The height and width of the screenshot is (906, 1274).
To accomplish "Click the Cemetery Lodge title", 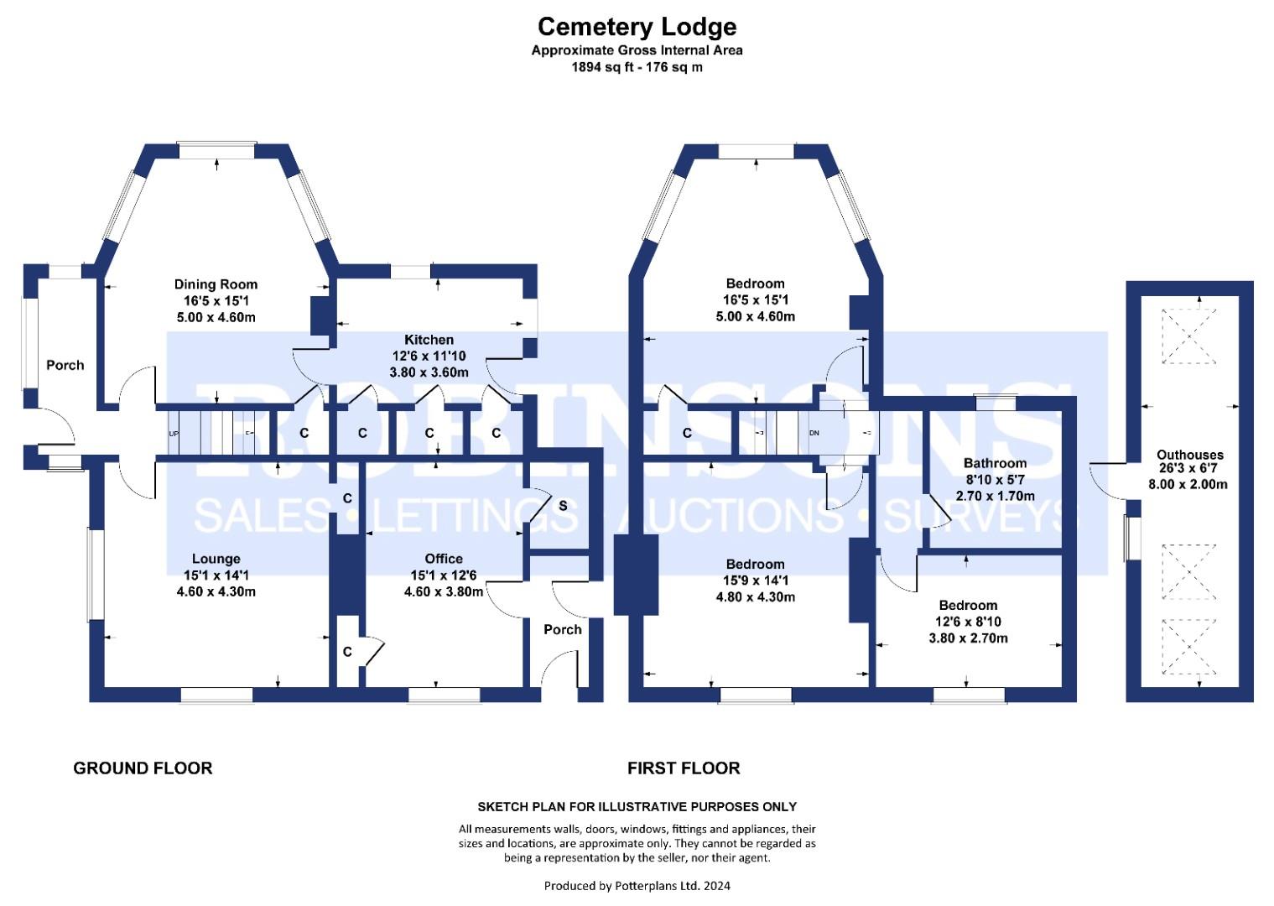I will click(637, 27).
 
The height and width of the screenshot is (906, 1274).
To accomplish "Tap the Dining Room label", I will click(216, 284).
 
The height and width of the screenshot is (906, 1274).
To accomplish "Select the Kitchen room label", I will click(429, 340).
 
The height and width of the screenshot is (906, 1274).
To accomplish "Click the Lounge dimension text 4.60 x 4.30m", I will click(216, 591).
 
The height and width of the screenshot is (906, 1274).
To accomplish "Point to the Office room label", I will click(444, 559).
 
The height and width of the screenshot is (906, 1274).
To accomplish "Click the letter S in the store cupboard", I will click(563, 506).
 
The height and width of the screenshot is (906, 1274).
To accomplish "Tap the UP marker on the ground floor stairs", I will click(174, 434).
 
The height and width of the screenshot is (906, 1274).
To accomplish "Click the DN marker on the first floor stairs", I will click(814, 434).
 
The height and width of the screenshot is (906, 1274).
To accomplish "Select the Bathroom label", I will click(995, 463).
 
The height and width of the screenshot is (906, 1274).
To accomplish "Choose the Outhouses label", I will click(1189, 455).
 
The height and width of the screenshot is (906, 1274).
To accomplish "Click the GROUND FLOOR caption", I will click(143, 768).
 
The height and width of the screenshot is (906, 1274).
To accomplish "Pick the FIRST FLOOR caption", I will click(684, 768).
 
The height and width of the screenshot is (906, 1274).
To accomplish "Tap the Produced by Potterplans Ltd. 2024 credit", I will click(637, 886).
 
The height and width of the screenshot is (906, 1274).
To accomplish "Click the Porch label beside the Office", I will click(562, 629).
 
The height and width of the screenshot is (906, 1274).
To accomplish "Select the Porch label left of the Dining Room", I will click(65, 365).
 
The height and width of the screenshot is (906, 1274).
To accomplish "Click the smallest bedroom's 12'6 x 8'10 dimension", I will click(968, 622).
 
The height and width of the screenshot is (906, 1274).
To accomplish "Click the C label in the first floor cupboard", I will click(687, 433).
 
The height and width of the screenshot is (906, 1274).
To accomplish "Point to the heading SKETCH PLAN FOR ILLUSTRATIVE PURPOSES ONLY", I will click(637, 807).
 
